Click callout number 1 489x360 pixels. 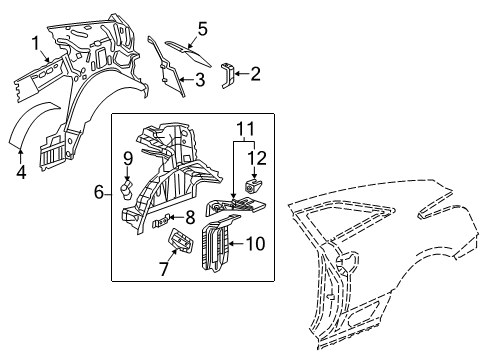[36, 43]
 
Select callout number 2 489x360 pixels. [255, 72]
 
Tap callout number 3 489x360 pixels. [200, 79]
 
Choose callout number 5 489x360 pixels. [202, 28]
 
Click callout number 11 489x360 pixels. [245, 127]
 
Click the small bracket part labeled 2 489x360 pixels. [229, 75]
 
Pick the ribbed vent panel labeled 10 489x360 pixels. [215, 246]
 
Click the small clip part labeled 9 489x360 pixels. [128, 189]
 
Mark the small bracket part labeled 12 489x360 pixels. [252, 183]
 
